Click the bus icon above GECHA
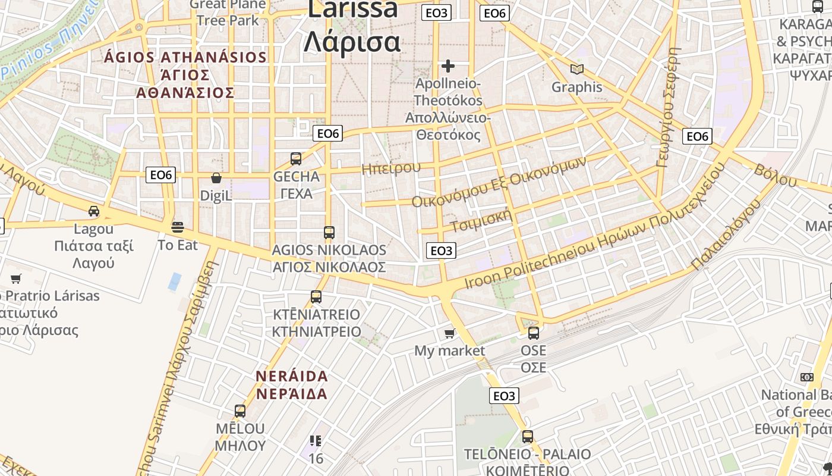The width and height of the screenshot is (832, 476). (x=296, y=159)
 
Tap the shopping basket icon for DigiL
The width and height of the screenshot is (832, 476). (x=216, y=178)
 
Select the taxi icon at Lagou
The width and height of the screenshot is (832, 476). (x=94, y=211)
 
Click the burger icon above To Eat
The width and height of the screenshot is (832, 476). (x=177, y=227)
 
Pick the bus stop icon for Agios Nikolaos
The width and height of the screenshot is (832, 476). (x=329, y=232)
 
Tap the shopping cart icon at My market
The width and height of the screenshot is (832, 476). (x=450, y=334)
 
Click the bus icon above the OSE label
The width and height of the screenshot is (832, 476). (x=534, y=333)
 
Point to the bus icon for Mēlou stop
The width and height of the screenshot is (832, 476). (x=240, y=411)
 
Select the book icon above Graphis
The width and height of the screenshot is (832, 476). (x=576, y=69)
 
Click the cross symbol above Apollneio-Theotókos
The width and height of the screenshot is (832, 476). (x=448, y=65)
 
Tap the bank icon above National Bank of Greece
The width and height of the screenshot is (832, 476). (x=806, y=377)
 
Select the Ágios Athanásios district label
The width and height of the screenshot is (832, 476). (x=185, y=75)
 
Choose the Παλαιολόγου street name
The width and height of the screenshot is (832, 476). (x=726, y=236)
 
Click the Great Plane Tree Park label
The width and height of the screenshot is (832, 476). (x=228, y=12)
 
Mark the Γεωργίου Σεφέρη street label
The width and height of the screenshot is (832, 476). (x=668, y=107)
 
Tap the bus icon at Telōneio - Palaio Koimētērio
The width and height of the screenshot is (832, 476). (x=528, y=437)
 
